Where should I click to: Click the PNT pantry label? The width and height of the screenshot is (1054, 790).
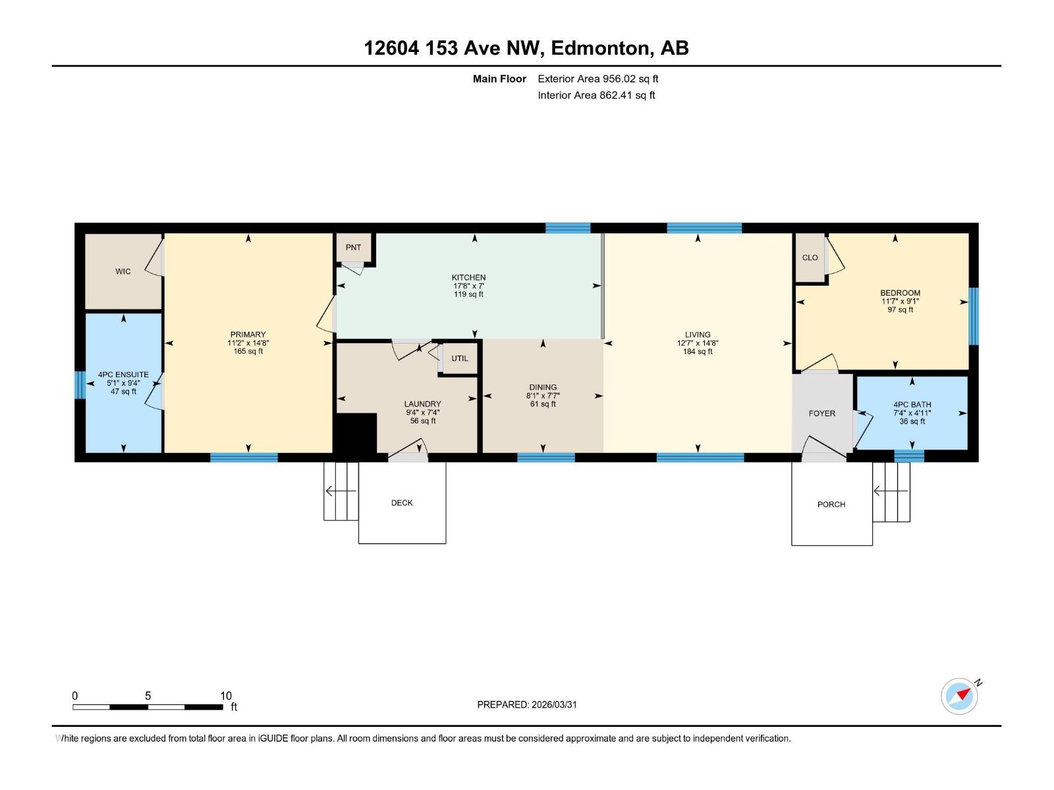click(x=353, y=248)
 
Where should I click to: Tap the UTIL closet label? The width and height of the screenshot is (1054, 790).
click(x=460, y=359)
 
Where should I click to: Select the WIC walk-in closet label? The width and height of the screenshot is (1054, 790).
click(x=123, y=271)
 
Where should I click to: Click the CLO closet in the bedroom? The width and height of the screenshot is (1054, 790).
click(x=810, y=257)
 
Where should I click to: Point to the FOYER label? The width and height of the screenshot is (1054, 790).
click(x=821, y=413)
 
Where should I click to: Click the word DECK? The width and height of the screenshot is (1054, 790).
click(x=402, y=503)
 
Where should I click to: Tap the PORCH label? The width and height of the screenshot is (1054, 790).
click(x=831, y=504)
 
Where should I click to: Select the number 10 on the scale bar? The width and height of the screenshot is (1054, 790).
click(x=225, y=696)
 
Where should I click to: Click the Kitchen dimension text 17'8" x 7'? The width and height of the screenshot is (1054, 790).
click(x=468, y=286)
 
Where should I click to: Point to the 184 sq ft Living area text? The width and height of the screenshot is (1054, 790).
click(x=698, y=352)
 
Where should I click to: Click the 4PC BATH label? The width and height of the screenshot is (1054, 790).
click(x=912, y=405)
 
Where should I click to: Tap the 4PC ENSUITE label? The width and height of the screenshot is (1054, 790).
click(x=123, y=375)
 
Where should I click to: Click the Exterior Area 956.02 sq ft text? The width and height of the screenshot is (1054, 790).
click(x=597, y=79)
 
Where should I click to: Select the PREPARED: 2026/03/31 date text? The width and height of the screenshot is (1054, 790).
click(x=526, y=704)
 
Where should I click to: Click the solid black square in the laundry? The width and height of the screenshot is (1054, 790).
click(x=356, y=433)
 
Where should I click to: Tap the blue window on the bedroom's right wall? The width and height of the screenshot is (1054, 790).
click(x=973, y=316)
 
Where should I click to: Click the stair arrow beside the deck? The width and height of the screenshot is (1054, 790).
click(x=341, y=491)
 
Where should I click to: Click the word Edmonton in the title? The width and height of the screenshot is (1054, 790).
click(x=599, y=48)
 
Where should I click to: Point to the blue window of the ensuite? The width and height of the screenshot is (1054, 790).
click(x=80, y=385)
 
